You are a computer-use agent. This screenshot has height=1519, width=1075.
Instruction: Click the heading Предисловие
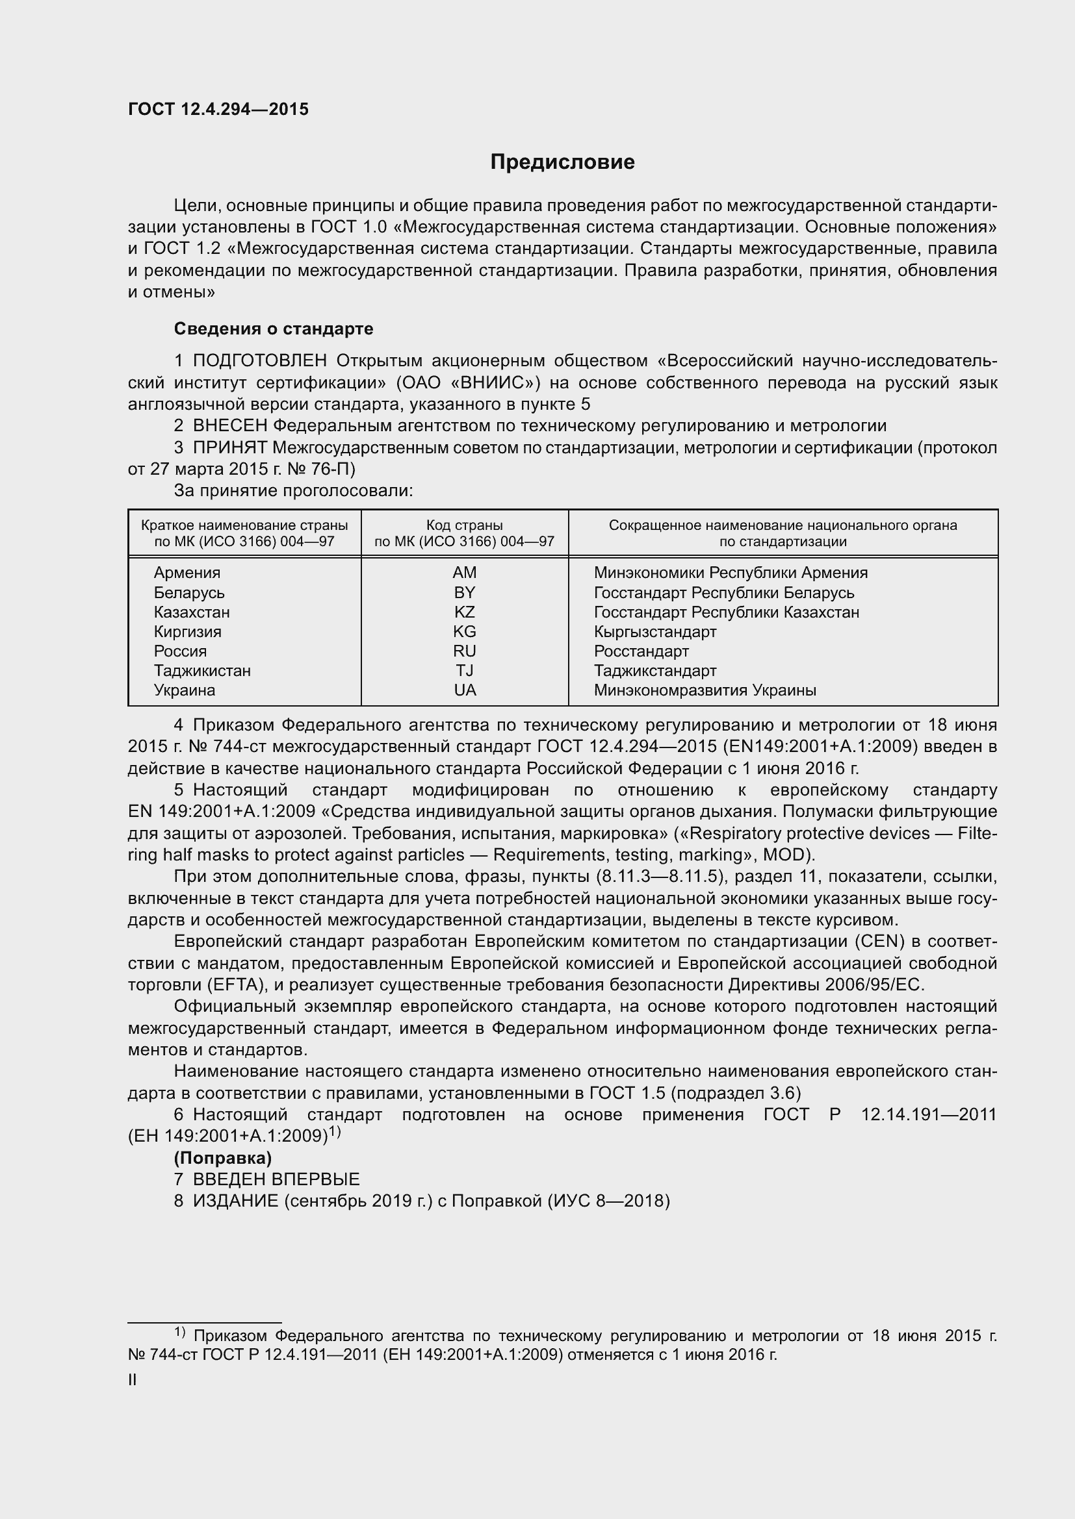562,162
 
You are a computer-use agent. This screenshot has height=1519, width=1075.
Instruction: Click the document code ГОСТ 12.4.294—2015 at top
218,110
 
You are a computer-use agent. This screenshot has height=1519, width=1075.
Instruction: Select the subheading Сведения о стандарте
274,329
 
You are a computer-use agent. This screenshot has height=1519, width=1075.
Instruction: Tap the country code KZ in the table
464,612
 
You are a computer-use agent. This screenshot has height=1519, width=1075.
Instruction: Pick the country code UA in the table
465,690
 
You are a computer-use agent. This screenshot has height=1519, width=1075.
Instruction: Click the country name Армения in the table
187,573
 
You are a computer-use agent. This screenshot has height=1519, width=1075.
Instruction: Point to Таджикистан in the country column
203,671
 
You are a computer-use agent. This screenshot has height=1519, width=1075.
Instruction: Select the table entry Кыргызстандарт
654,632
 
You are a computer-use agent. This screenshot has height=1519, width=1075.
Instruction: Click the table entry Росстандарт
641,651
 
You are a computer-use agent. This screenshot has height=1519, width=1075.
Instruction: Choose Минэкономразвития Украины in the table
705,691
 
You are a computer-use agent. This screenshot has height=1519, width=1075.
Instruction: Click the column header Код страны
464,525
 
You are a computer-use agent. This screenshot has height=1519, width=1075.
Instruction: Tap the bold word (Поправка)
223,1158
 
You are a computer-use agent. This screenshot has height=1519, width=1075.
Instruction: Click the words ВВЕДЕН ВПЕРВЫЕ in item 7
276,1179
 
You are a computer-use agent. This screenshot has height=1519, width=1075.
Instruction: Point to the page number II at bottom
133,1380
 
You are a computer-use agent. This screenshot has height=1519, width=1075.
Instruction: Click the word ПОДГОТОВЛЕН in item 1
259,360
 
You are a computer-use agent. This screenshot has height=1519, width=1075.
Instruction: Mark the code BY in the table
464,593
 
